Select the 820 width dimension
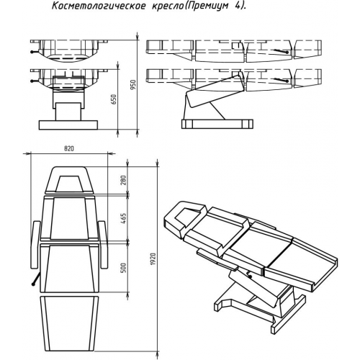[69, 148]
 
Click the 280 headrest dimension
[123, 180]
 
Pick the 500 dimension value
[123, 268]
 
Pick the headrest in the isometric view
[189, 216]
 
